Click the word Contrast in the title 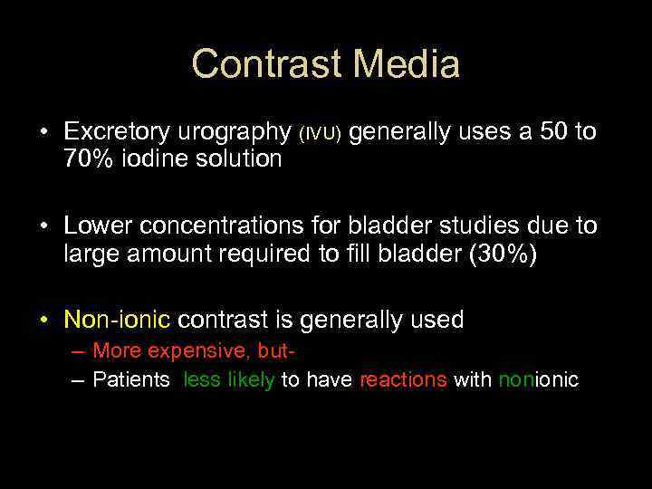pos(267,65)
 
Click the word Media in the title pos(407,65)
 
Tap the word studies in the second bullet pos(472,225)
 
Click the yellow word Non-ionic pos(118,320)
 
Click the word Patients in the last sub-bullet pos(131,380)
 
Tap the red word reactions pos(403,380)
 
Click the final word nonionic pos(538,380)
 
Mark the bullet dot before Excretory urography pos(43,133)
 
